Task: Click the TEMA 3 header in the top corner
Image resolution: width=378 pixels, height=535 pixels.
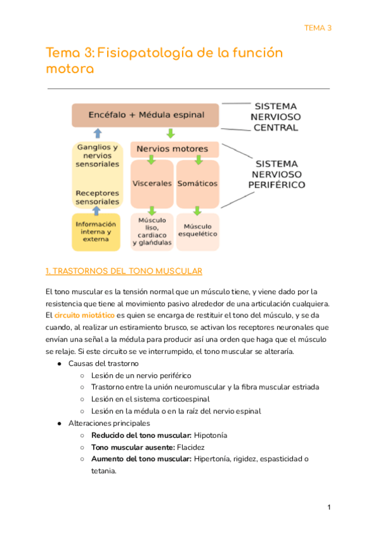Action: [318, 28]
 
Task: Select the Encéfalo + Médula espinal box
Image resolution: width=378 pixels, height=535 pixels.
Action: [146, 115]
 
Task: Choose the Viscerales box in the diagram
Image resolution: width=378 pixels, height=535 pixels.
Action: [152, 184]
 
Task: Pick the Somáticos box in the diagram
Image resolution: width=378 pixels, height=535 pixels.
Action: [198, 184]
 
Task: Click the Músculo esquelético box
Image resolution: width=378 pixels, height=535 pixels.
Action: [198, 230]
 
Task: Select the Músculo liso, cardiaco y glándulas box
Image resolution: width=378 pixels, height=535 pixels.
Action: [152, 232]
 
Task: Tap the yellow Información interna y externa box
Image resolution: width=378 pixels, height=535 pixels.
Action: [96, 232]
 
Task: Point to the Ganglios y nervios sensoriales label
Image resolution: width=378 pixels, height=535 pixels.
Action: [97, 155]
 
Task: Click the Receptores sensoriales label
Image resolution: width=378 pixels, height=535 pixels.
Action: [97, 197]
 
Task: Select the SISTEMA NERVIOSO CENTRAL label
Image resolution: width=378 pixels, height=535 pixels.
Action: [275, 117]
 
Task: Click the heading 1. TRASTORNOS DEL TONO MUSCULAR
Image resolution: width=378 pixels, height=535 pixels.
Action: [123, 271]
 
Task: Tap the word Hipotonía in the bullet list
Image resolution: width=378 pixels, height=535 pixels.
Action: [211, 435]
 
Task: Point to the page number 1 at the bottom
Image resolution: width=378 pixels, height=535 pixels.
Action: [329, 508]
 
